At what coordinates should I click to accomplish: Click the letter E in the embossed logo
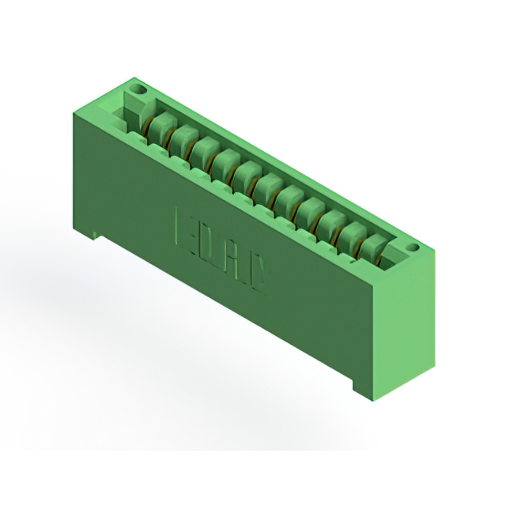(x=181, y=231)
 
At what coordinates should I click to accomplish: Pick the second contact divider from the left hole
(x=184, y=138)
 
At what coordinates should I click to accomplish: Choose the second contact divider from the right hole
(x=352, y=236)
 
